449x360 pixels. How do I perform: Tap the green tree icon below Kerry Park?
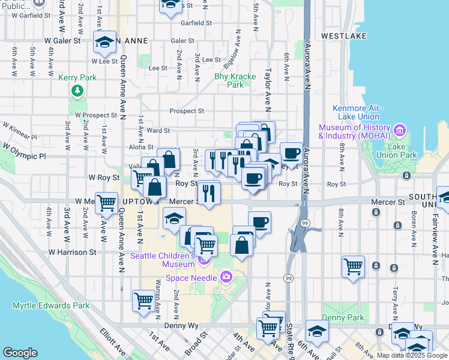coord(76,91)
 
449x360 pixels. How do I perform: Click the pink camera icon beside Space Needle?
coord(226,277)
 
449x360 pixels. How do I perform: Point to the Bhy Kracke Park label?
coord(235,80)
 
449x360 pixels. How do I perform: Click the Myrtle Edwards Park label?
coord(51,305)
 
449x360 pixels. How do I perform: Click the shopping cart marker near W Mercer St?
coord(107,203)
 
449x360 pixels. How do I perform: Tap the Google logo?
coord(20,353)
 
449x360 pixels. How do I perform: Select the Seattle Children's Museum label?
coord(163,260)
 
